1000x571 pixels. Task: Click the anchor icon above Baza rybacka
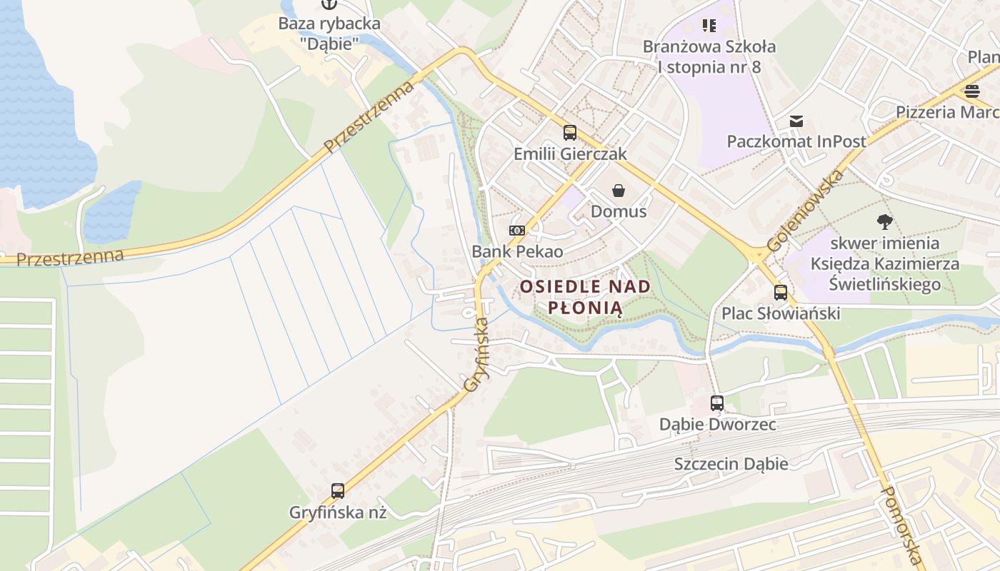click(x=329, y=4)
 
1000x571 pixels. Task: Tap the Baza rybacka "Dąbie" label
click(x=329, y=33)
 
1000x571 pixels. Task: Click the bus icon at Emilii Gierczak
click(x=569, y=132)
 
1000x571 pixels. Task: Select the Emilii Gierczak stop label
click(x=570, y=153)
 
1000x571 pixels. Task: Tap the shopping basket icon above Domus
click(x=619, y=191)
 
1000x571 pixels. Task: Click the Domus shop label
click(x=619, y=211)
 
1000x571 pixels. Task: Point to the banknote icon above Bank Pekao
click(x=517, y=231)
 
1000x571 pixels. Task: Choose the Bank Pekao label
click(x=517, y=251)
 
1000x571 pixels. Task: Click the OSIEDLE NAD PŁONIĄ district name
click(x=585, y=297)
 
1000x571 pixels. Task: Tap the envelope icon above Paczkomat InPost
click(x=796, y=121)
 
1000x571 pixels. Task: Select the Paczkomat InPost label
click(x=796, y=141)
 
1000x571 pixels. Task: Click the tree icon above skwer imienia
click(x=885, y=222)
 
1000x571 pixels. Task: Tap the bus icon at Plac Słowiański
click(x=781, y=292)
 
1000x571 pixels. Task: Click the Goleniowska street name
click(x=805, y=211)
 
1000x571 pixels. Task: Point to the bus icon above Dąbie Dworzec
click(x=717, y=403)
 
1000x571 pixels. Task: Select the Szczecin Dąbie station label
click(x=731, y=464)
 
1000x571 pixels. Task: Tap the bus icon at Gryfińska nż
click(x=338, y=491)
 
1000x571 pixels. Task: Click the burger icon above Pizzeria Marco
click(x=971, y=91)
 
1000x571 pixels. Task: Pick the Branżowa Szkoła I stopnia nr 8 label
click(x=709, y=56)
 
